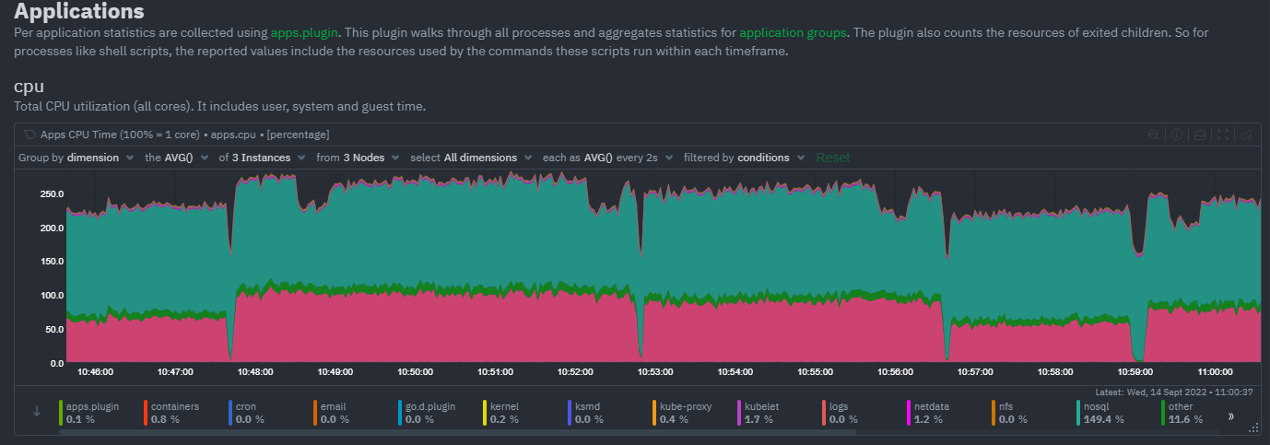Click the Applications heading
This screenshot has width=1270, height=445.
(x=79, y=12)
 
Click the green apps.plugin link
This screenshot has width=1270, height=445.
(x=304, y=32)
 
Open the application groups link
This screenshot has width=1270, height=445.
(x=793, y=32)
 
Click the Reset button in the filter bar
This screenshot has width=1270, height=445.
(x=833, y=158)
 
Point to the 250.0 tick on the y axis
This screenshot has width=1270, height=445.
(x=51, y=194)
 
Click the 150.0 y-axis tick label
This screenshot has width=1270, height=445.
(x=51, y=262)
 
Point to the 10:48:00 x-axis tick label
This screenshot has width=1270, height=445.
(x=255, y=372)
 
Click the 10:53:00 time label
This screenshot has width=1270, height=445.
(x=655, y=372)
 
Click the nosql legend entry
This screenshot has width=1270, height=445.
(x=1102, y=412)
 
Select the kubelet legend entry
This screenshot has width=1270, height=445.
(x=761, y=412)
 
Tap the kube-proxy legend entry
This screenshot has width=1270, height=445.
(x=683, y=412)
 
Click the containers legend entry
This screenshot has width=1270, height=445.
(x=173, y=412)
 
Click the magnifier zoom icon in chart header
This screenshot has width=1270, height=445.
(x=1153, y=135)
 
